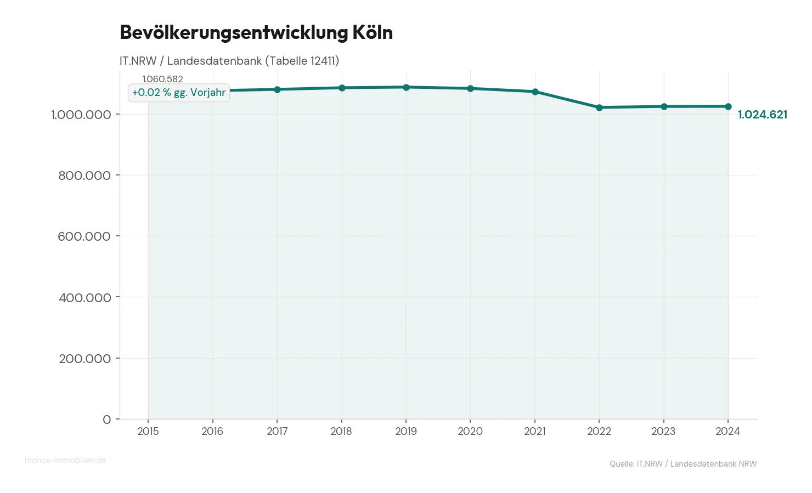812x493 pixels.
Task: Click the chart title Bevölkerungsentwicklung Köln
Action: (x=256, y=32)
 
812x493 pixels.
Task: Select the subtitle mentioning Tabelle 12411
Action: (x=229, y=61)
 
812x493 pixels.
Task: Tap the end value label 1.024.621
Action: (x=762, y=115)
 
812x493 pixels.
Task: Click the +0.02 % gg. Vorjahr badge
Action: (x=179, y=93)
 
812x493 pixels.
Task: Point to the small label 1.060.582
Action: (x=163, y=79)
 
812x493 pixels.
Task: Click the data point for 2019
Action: (x=406, y=87)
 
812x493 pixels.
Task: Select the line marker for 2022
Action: (x=599, y=107)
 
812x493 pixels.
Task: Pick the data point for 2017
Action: (x=277, y=89)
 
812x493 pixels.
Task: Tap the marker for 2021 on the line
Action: (x=535, y=92)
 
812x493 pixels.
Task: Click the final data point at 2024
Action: (x=728, y=106)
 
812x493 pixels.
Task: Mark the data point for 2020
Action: (x=470, y=88)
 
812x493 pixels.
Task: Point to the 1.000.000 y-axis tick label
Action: (x=81, y=115)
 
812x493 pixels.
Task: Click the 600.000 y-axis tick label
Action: (x=84, y=236)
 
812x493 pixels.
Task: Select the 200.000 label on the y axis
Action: (x=85, y=359)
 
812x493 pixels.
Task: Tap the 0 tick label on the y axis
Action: (x=107, y=420)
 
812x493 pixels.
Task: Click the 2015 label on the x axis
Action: (x=148, y=431)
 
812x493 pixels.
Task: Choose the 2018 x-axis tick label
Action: (x=341, y=431)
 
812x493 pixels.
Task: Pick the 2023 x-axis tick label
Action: (x=663, y=431)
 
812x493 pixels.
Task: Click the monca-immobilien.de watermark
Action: (x=65, y=460)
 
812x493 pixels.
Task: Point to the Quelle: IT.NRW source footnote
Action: (x=683, y=464)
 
